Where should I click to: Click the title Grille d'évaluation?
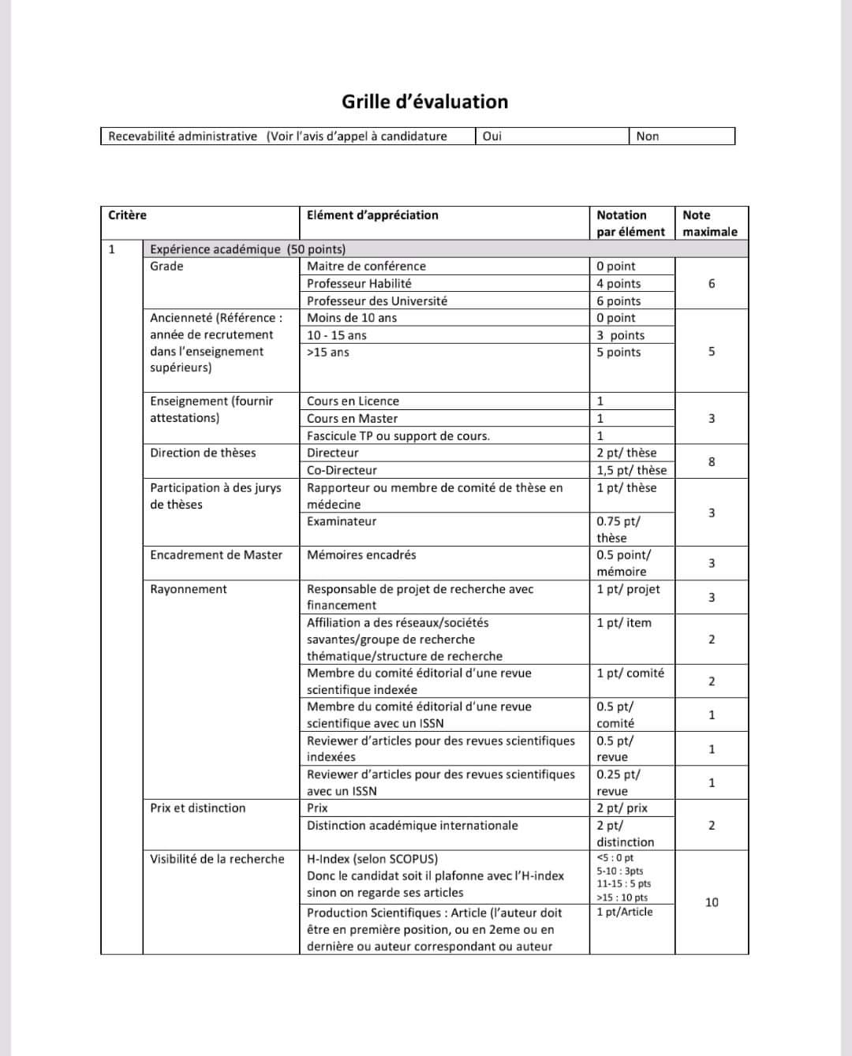424,102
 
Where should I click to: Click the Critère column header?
128,215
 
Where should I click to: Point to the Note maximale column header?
709,223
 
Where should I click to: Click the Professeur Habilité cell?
359,284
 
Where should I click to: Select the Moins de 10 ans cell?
352,318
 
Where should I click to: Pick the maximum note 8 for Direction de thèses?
712,461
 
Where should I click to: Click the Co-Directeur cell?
342,470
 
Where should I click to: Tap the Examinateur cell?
342,521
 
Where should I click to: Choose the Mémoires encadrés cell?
361,555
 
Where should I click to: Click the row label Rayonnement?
189,589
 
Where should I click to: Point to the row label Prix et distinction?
198,808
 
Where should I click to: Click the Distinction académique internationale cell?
413,826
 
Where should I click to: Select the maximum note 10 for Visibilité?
712,902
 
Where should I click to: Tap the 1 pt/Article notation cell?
625,912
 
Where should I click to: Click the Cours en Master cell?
352,419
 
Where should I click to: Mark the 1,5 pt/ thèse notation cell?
631,470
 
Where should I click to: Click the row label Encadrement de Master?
216,555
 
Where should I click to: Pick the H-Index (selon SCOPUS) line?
372,859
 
